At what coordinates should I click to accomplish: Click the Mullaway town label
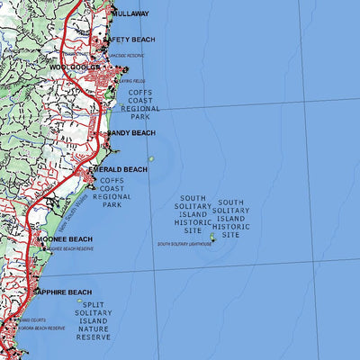pos(131,14)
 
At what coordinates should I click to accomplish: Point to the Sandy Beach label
pos(131,133)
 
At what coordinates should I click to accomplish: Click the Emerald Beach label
pos(117,169)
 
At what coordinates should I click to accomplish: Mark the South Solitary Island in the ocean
pos(213,238)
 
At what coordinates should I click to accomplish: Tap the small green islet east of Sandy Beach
pos(151,159)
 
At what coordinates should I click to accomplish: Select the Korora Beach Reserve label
pos(44,328)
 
